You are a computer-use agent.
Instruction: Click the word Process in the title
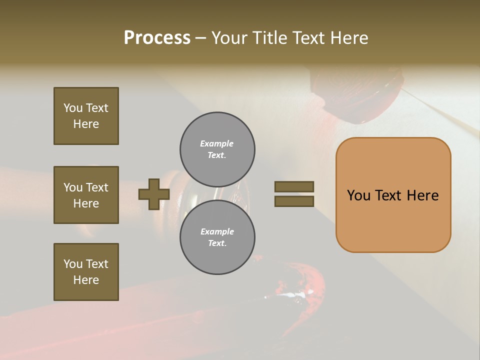click(x=157, y=38)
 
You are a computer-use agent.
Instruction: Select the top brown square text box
click(x=86, y=116)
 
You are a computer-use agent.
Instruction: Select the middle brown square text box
click(x=86, y=195)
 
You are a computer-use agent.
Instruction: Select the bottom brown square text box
click(x=86, y=272)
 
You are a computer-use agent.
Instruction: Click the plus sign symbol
click(x=153, y=194)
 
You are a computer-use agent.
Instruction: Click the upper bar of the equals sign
click(x=294, y=186)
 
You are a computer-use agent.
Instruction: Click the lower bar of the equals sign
click(x=294, y=201)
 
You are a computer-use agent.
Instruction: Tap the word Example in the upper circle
click(x=216, y=143)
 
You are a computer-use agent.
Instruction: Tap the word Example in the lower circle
click(x=217, y=231)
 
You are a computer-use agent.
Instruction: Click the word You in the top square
click(x=73, y=108)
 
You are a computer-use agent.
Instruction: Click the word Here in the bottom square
click(x=86, y=280)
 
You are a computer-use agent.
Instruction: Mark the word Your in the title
click(x=228, y=38)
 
